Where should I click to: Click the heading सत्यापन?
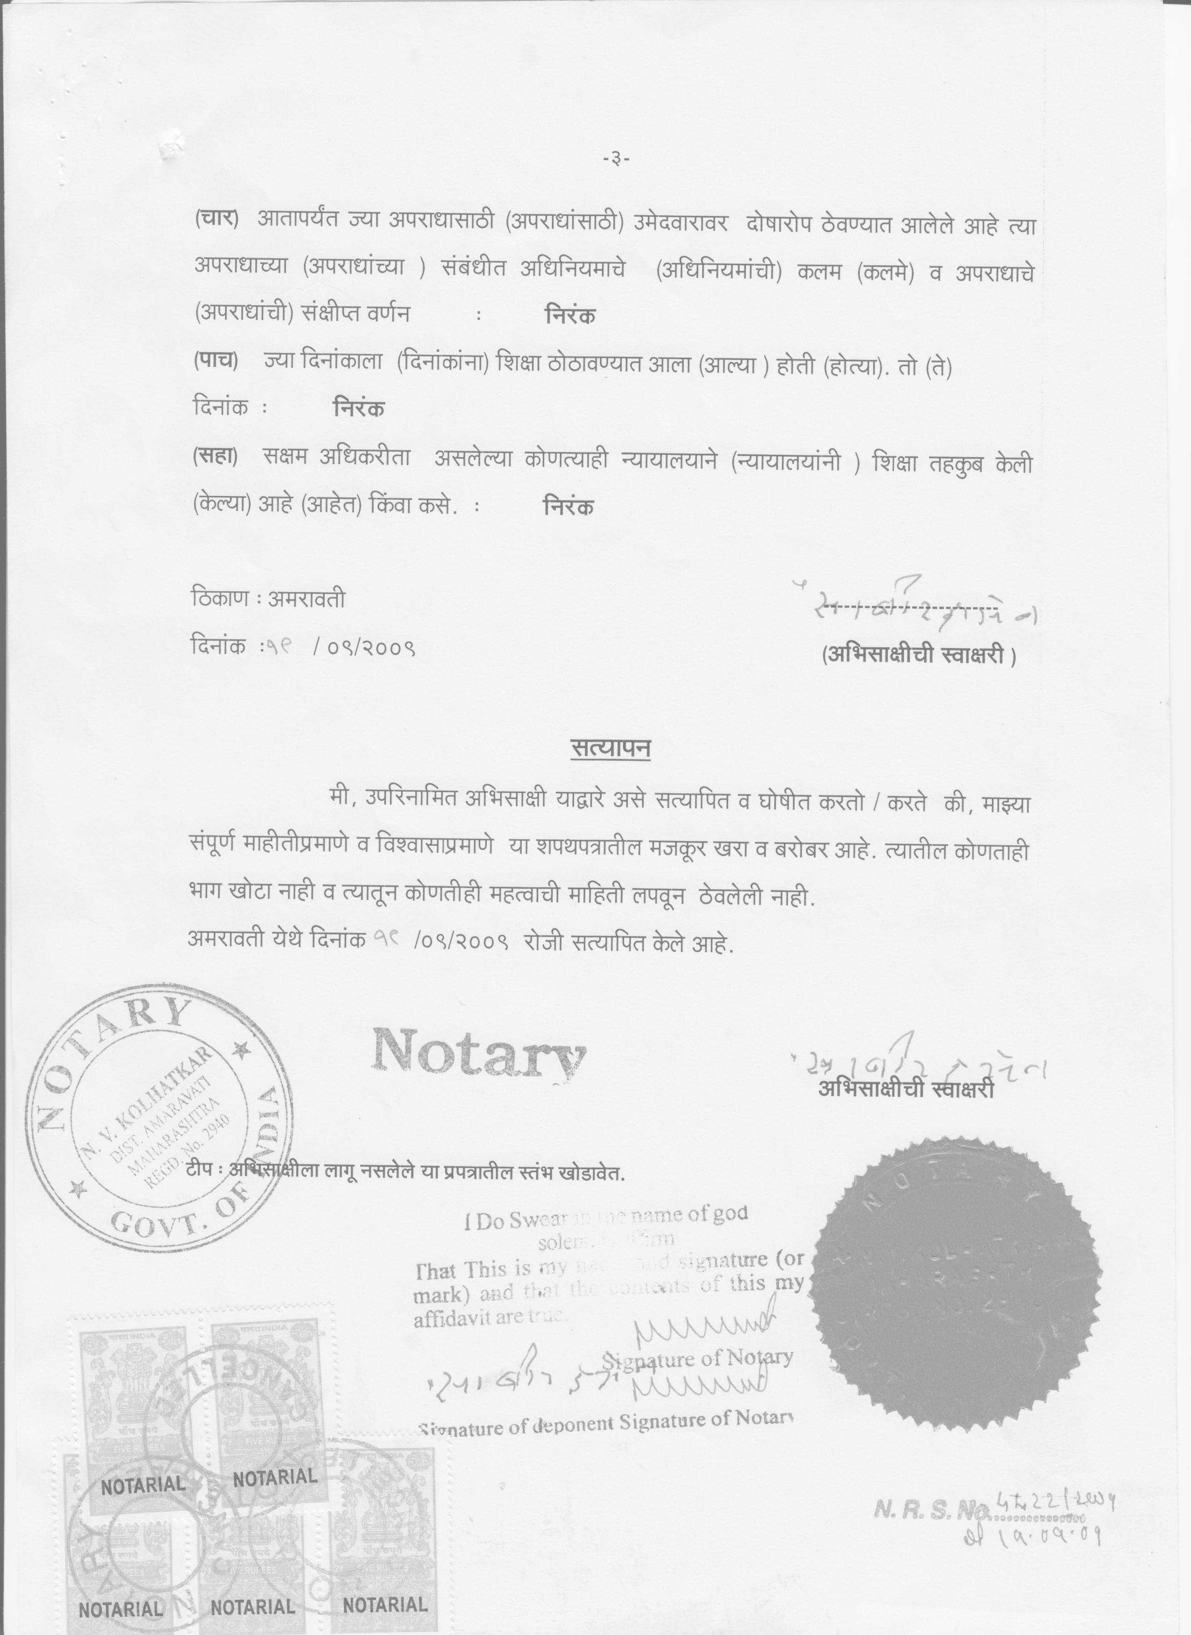click(x=610, y=749)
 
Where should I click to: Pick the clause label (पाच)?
click(x=216, y=361)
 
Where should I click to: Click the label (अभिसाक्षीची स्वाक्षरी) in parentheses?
click(x=918, y=655)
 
